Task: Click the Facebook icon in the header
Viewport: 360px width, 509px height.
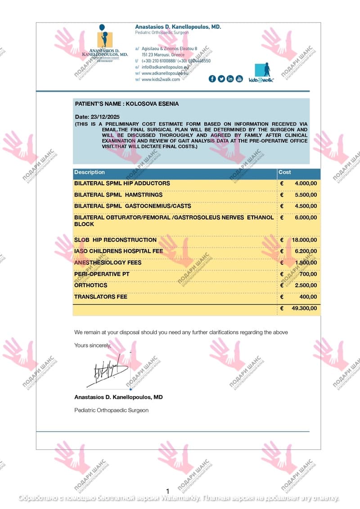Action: (x=212, y=79)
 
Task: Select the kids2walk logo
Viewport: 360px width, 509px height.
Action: (x=261, y=72)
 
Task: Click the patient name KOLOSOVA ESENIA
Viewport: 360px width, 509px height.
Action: (x=152, y=104)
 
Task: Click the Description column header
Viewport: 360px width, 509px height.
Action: (x=90, y=172)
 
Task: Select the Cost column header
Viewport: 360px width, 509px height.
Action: (x=285, y=172)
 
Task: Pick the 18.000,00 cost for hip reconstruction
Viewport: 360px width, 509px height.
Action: (x=304, y=240)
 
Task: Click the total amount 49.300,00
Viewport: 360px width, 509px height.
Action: (x=304, y=308)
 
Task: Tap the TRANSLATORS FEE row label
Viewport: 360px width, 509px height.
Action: (x=101, y=297)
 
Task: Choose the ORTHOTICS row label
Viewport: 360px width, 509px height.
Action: (x=91, y=285)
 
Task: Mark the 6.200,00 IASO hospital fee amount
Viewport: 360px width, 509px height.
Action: (x=306, y=251)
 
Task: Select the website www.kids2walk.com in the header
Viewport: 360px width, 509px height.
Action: (x=161, y=80)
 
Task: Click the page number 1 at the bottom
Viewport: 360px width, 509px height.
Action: (x=168, y=491)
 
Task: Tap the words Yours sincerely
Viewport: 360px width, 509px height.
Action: (x=93, y=345)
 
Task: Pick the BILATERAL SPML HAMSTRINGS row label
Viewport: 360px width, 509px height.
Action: (x=118, y=195)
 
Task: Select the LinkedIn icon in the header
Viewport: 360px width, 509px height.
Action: (x=230, y=79)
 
